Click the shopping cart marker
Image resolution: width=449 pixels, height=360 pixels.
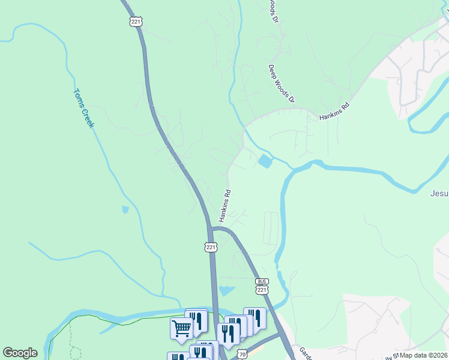tap(181, 328)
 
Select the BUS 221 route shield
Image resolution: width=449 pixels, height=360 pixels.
tap(262, 286)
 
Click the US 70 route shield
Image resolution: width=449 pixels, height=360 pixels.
tap(241, 355)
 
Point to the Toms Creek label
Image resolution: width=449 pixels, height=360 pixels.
tap(83, 108)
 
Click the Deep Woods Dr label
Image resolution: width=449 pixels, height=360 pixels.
tap(282, 83)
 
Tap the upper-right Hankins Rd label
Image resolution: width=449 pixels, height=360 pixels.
tap(334, 111)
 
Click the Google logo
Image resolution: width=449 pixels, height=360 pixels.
tap(20, 353)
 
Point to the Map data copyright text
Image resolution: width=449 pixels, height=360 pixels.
tap(424, 355)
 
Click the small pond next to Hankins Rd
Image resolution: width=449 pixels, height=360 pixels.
tap(265, 161)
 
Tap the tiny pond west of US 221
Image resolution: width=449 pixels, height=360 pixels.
tap(124, 210)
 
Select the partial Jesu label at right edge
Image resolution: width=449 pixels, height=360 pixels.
tap(439, 194)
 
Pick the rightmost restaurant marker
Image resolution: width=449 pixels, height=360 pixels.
tap(255, 319)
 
